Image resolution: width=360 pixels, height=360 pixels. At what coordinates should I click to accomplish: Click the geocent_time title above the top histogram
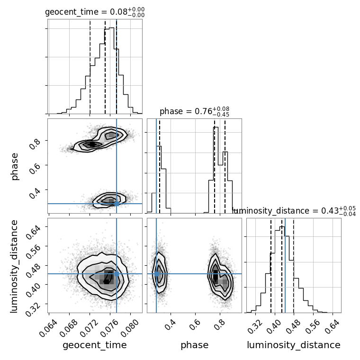tap(95, 12)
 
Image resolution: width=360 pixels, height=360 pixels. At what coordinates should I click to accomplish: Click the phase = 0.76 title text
tap(195, 112)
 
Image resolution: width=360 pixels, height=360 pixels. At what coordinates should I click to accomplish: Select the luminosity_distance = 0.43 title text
tap(294, 211)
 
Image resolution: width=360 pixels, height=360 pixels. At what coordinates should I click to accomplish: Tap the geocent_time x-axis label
tap(95, 345)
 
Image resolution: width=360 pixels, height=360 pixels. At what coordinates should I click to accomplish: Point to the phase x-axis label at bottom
tap(194, 345)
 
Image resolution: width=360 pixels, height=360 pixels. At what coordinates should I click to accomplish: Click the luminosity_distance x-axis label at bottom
tap(294, 345)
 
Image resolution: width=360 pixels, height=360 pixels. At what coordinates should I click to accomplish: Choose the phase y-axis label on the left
tap(15, 166)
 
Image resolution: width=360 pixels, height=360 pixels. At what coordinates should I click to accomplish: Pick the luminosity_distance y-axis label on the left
tap(15, 265)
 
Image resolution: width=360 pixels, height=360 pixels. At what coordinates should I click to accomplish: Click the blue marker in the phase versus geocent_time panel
tap(117, 204)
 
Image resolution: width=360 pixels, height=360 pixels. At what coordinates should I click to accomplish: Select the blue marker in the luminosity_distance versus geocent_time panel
tap(117, 274)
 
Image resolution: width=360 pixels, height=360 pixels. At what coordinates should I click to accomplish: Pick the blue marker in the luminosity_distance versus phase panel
tap(156, 274)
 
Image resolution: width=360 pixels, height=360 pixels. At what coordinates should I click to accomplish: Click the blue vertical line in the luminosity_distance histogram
tap(285, 265)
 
